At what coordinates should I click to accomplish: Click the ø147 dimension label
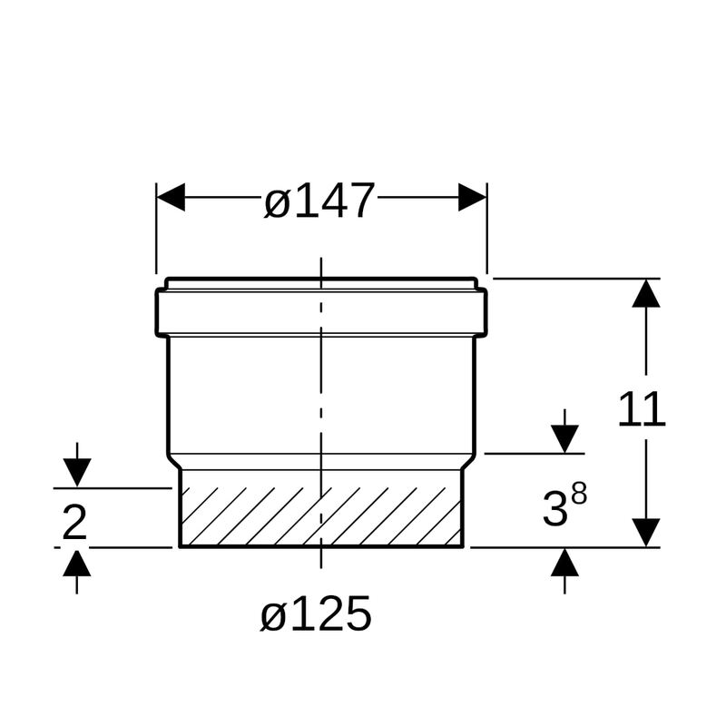[319, 201]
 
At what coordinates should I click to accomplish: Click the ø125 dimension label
[316, 613]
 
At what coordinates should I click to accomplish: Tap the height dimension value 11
[642, 409]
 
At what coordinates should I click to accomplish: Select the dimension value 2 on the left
[74, 523]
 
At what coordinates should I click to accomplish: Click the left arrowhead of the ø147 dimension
[171, 197]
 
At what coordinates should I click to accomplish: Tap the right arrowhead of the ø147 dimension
[472, 197]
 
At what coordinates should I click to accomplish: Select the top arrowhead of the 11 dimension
[646, 293]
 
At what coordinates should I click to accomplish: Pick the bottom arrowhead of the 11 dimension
[646, 533]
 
